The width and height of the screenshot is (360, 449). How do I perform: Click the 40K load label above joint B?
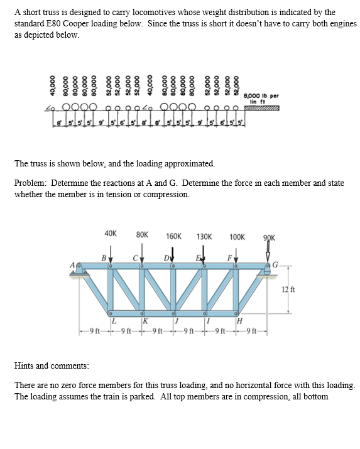111,233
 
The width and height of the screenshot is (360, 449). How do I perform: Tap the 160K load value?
174,237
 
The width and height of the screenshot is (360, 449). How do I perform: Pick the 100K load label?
237,237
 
